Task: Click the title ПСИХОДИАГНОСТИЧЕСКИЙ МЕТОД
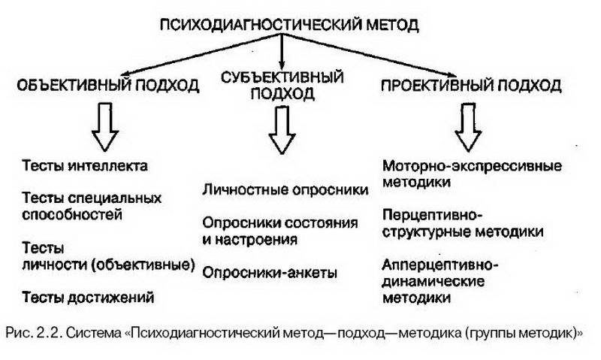(x=289, y=25)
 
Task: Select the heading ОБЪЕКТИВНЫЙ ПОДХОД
(x=108, y=85)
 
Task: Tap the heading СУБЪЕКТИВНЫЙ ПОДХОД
(x=282, y=86)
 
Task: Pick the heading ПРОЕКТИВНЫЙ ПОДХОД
(x=471, y=85)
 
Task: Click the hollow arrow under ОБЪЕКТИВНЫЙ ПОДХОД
(x=104, y=126)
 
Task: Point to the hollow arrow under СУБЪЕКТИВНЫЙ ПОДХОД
(x=282, y=129)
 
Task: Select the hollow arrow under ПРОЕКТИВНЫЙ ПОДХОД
(x=468, y=127)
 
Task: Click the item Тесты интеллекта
(x=85, y=165)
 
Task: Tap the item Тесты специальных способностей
(x=92, y=206)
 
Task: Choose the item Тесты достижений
(x=88, y=297)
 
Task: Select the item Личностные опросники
(x=285, y=190)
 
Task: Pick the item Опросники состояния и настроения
(x=279, y=231)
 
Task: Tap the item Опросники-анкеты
(x=270, y=273)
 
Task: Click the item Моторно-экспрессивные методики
(x=472, y=174)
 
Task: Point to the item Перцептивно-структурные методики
(x=463, y=223)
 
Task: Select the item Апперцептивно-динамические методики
(x=440, y=281)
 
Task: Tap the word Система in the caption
(x=93, y=333)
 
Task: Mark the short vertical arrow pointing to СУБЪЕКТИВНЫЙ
(x=282, y=51)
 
